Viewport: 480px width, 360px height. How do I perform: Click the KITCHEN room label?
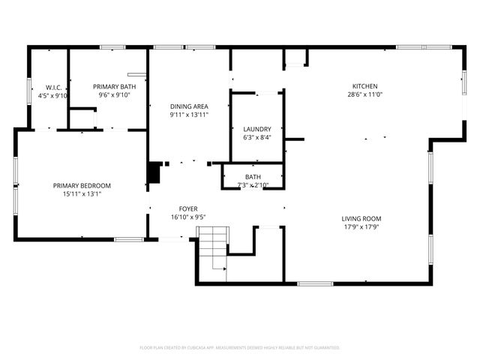pos(365,85)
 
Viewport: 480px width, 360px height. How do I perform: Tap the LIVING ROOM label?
pos(365,217)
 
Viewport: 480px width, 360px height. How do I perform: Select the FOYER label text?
pos(187,208)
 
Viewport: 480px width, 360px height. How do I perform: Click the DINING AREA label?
pos(188,106)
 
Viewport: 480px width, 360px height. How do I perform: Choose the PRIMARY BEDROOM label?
pos(82,185)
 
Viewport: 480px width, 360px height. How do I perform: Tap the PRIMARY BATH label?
pos(109,86)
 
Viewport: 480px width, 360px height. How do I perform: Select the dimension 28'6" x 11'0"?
pos(365,95)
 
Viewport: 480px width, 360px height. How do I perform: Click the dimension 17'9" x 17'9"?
pos(365,226)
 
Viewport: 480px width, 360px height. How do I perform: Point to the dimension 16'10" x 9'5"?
pos(187,217)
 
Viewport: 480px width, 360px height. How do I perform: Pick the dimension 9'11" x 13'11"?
pos(188,115)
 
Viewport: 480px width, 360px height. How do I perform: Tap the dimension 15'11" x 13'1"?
pos(82,194)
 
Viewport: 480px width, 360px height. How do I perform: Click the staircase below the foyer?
pos(211,255)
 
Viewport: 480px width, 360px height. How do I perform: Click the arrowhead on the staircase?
pos(224,267)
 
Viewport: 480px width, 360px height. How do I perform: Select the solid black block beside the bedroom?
pos(154,172)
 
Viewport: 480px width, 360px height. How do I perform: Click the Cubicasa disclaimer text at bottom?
pos(240,347)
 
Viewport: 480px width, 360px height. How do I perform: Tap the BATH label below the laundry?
pos(253,177)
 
